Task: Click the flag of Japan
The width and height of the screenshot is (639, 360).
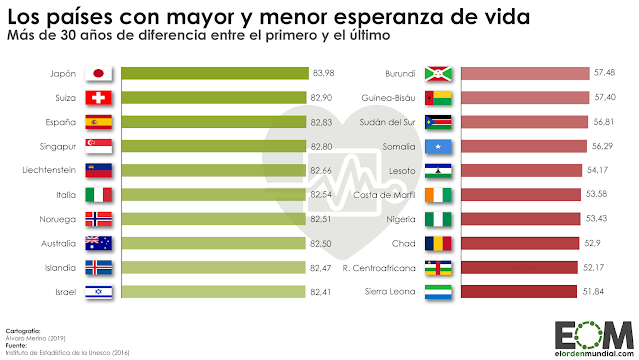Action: pos(99,74)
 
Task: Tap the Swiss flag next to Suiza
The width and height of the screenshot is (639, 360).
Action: pos(99,98)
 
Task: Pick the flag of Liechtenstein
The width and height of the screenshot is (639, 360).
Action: pos(99,170)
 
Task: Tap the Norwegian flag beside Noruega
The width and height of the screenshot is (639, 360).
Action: pos(99,219)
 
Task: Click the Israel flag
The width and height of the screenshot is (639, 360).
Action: pos(99,291)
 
